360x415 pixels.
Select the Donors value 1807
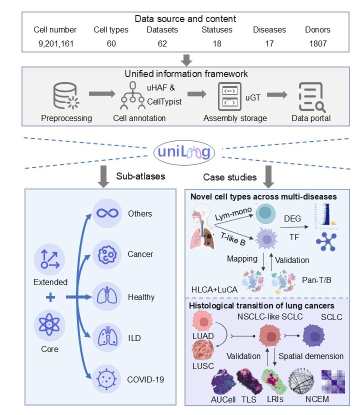pos(316,43)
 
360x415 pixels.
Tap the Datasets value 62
pos(162,43)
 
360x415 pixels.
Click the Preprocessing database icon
pos(67,96)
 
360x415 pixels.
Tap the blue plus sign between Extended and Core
pos(49,298)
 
